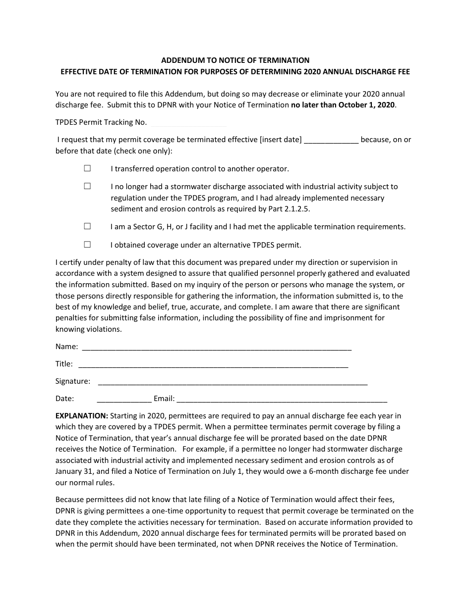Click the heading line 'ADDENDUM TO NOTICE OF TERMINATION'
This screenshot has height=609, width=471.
tap(235, 60)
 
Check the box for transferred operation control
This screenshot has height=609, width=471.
tap(87, 168)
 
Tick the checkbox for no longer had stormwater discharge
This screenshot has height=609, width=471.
tap(87, 186)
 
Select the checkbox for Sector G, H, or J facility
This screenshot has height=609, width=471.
tap(87, 226)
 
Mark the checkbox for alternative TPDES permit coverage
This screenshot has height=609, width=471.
tap(87, 244)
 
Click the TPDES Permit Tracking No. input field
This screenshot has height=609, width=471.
tap(188, 122)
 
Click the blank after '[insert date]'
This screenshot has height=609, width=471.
tap(331, 140)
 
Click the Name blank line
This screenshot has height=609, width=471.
tap(216, 347)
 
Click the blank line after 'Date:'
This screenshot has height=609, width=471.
tap(124, 399)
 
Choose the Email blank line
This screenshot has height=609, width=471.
tap(282, 399)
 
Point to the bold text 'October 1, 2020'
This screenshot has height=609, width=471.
tap(368, 104)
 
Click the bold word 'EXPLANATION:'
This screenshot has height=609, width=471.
tap(81, 415)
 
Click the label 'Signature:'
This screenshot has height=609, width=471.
tap(73, 381)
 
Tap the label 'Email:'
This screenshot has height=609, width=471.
tap(164, 399)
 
